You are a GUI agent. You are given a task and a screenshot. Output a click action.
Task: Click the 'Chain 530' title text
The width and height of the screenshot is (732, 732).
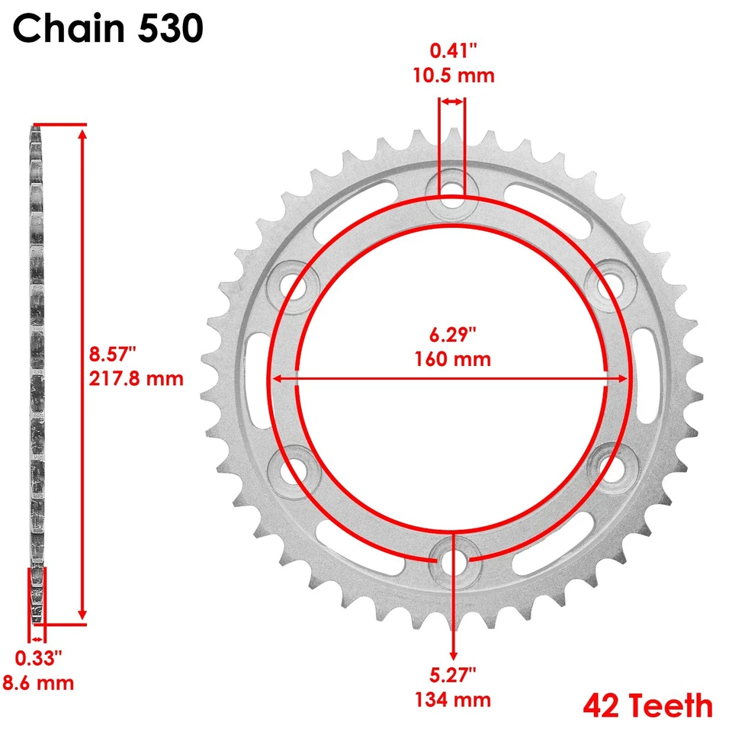108,30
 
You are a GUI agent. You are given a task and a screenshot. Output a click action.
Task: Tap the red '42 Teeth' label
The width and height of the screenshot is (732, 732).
648,705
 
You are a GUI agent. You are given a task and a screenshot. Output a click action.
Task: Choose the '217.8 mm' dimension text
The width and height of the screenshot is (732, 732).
136,377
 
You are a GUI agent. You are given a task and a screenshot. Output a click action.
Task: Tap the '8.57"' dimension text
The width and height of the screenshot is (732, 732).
112,355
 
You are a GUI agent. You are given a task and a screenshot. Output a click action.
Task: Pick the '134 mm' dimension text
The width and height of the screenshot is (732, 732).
453,698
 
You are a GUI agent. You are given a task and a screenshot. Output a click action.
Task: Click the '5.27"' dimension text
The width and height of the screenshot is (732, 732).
453,674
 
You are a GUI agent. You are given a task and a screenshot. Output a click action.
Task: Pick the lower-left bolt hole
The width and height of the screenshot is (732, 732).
291,466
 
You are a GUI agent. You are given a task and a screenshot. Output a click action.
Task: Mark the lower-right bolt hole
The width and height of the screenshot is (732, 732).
612,466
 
